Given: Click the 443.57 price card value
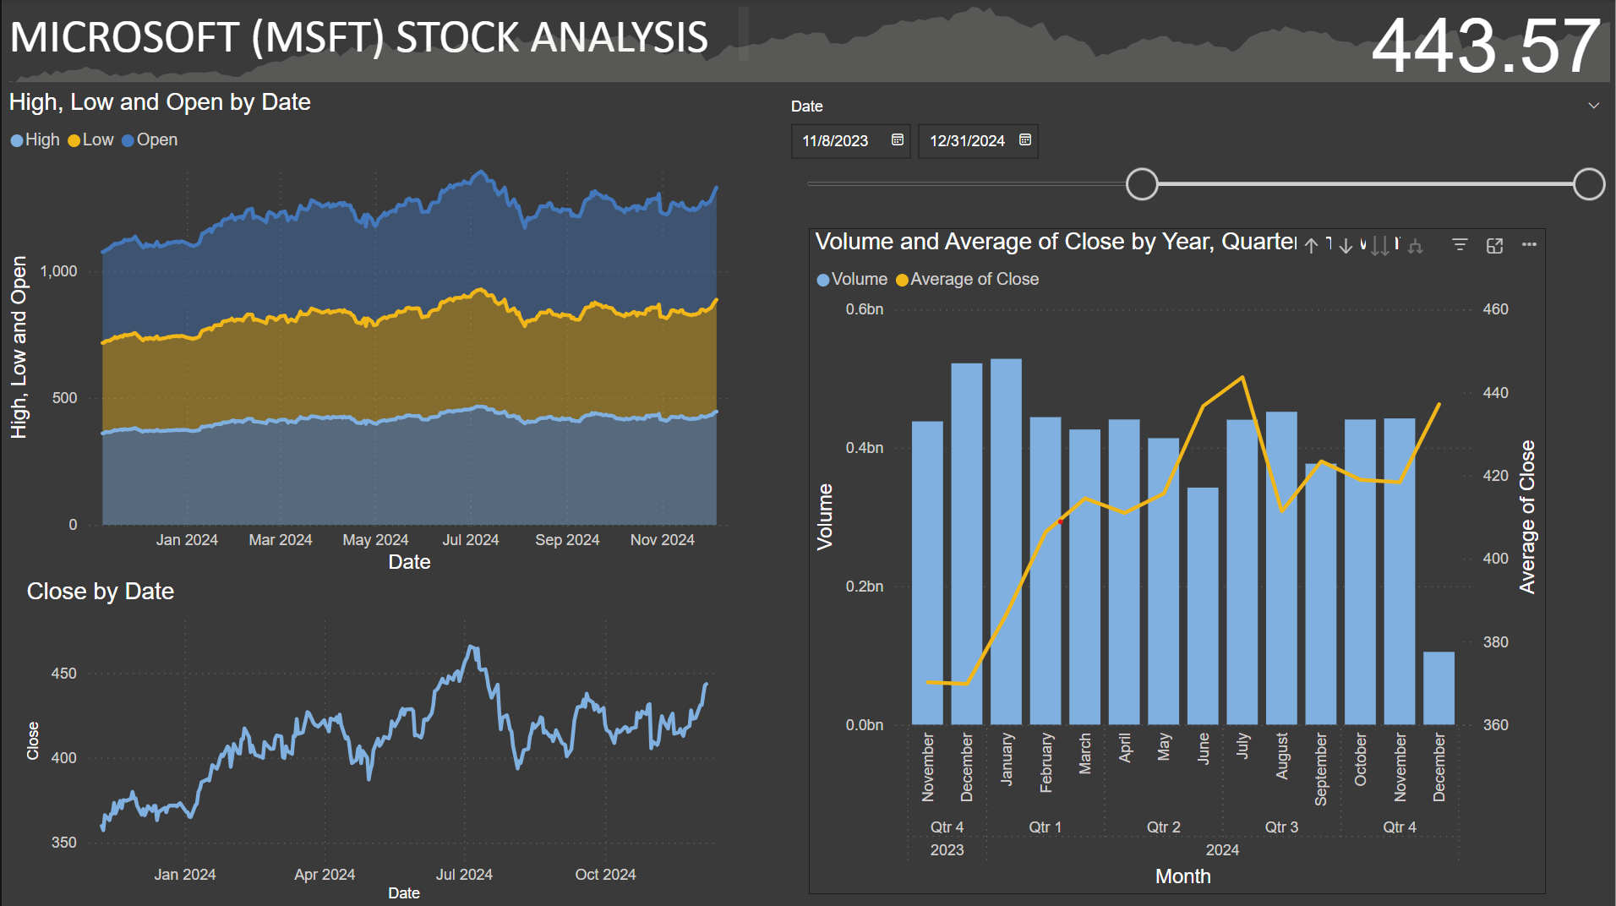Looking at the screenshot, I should coord(1484,46).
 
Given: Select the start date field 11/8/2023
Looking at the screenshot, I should coord(835,141).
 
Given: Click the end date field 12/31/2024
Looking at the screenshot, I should coord(967,141).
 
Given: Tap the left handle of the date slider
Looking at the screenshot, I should coord(1142,184).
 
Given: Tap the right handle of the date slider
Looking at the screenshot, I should coord(1589,184).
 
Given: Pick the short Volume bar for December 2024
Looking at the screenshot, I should coord(1439,688).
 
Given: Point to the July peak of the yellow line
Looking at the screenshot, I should coord(1242,378).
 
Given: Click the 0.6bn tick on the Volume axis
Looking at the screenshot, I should coord(865,309).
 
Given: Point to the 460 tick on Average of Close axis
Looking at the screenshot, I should coord(1495,309).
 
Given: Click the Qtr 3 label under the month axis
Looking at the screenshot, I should coord(1281,827).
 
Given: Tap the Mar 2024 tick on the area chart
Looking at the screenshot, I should coord(281,540).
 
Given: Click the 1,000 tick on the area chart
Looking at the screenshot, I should coord(58,271).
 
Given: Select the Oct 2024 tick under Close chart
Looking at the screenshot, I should coord(605,875).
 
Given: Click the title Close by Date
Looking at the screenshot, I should coord(101,592).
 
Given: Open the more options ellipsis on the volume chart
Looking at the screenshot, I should coord(1529,245).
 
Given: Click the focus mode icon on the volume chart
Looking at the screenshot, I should coord(1494,245).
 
